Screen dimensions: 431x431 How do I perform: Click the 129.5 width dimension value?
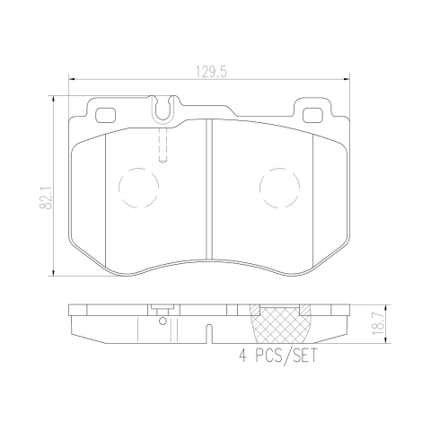211,73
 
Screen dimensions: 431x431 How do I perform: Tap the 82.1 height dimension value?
46,197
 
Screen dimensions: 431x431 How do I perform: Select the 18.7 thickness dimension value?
378,323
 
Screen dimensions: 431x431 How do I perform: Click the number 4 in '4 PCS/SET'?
243,356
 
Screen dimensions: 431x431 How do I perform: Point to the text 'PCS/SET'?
286,356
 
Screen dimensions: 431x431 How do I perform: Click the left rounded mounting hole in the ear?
105,115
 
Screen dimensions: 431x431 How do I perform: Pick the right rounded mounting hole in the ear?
312,115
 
